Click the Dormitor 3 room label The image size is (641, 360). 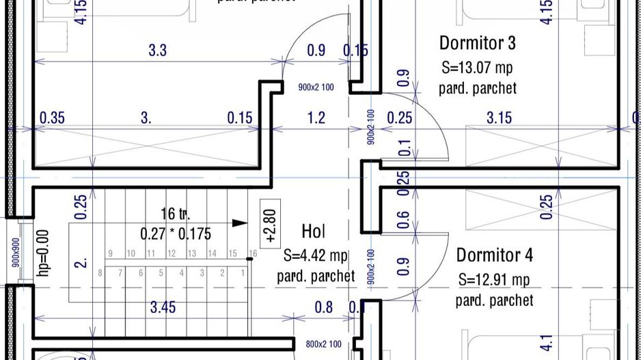pos(477,44)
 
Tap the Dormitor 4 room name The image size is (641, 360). pos(494,255)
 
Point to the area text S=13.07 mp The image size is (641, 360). pos(477,68)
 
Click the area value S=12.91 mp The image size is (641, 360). pos(494,279)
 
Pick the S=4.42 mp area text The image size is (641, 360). pos(315,255)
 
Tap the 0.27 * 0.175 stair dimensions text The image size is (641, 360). pos(176,233)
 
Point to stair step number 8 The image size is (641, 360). pos(100,273)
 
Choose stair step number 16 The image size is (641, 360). pos(252,254)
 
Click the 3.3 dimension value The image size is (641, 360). pos(158,50)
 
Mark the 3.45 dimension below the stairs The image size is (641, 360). pos(163,307)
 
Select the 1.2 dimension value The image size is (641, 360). pos(316,118)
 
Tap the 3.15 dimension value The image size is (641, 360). pos(499,118)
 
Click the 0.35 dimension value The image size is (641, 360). pos(52,118)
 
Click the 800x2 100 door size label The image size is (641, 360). pos(324,344)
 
